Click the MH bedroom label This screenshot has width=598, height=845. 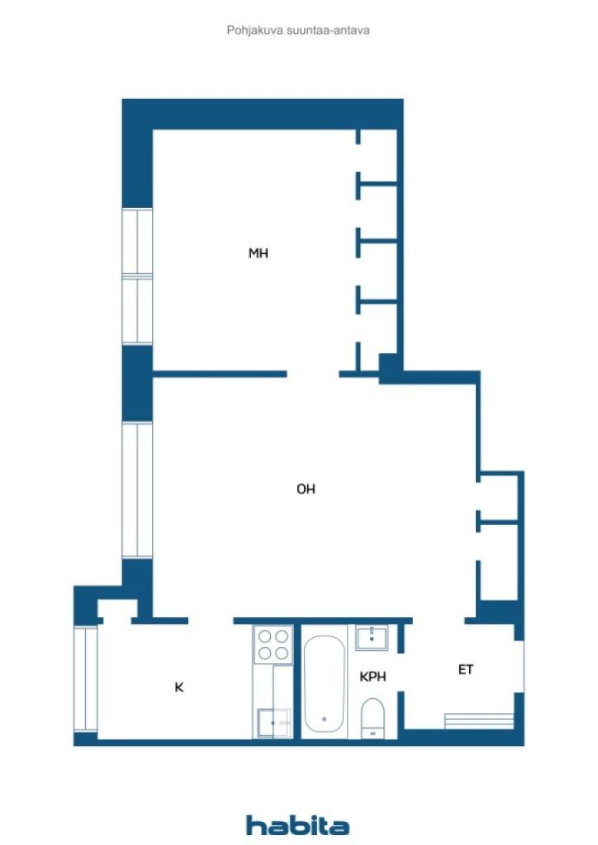click(258, 253)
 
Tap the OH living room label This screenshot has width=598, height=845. click(306, 489)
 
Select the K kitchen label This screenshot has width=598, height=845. click(179, 687)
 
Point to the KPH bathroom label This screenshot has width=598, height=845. click(373, 677)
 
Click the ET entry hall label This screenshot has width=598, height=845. click(465, 670)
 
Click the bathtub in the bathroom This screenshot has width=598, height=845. click(324, 682)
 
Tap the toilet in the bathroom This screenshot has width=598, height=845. click(372, 717)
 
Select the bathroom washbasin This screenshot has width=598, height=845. click(372, 638)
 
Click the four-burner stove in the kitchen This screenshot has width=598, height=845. click(273, 644)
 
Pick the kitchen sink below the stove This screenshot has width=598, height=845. click(273, 723)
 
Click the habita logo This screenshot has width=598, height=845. click(297, 825)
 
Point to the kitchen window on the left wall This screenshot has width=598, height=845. click(85, 679)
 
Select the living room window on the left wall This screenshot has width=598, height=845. click(137, 490)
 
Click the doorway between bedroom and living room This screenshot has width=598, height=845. click(313, 374)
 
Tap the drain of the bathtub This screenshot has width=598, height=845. click(324, 719)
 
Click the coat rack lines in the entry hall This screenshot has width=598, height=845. click(479, 721)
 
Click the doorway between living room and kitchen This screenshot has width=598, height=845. click(211, 621)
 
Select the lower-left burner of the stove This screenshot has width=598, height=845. click(265, 654)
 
